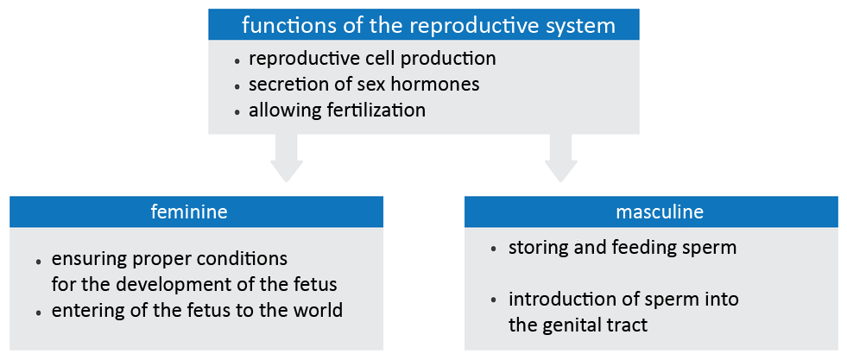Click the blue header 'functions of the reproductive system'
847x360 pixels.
[x=428, y=25]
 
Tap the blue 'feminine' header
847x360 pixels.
[x=196, y=212]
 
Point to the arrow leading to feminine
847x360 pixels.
[x=287, y=159]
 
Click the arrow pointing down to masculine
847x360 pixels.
[x=562, y=159]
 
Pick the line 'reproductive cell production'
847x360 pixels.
[x=372, y=60]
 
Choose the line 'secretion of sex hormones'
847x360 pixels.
[x=363, y=85]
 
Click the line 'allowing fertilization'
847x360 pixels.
[x=337, y=111]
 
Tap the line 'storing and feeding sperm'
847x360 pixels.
[x=623, y=249]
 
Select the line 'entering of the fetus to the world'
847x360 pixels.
[x=197, y=310]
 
